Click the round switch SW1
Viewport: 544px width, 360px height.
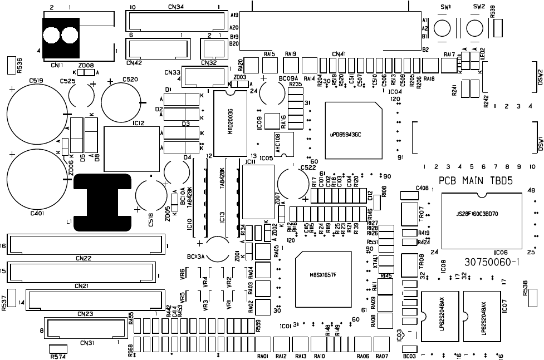(x=443, y=28)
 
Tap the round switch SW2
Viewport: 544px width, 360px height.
(x=474, y=28)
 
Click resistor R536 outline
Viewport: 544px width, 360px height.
(x=11, y=65)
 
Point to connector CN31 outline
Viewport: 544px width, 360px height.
(x=84, y=329)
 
